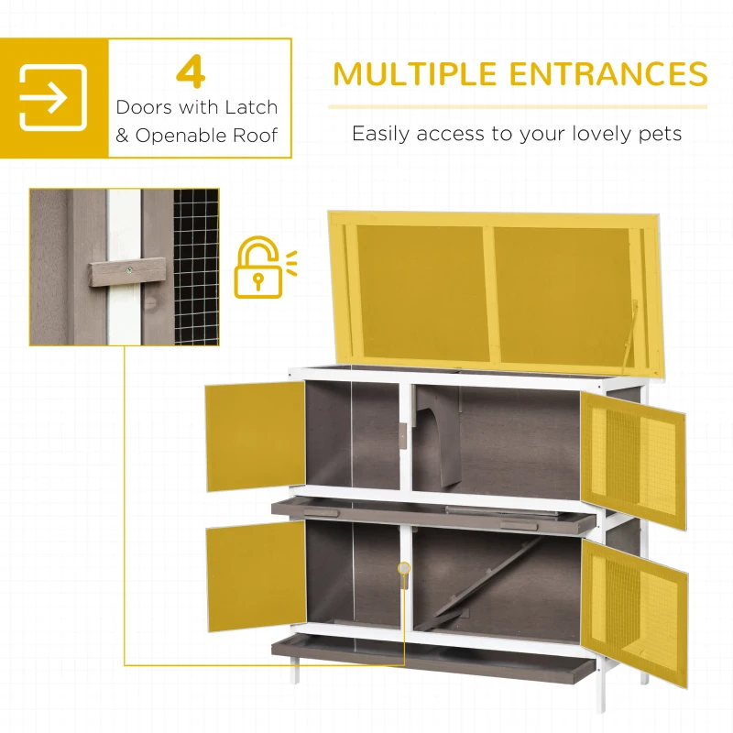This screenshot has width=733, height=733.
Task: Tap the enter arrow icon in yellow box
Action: (x=53, y=97)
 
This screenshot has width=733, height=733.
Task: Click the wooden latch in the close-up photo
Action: (x=127, y=271)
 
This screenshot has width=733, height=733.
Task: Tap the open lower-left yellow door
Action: (x=256, y=574)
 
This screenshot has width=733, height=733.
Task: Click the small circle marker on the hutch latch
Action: (x=403, y=569)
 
